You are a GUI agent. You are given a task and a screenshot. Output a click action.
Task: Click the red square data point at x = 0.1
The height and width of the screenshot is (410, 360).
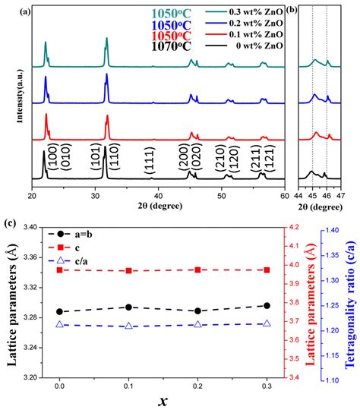128,271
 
